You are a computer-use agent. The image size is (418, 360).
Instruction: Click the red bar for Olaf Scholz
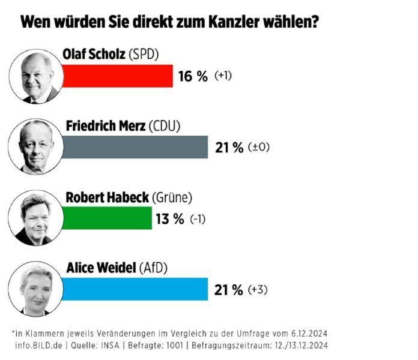pos(117,76)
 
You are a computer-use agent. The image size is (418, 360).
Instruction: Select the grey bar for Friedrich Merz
pos(135,147)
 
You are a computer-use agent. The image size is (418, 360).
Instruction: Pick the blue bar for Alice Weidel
pos(135,289)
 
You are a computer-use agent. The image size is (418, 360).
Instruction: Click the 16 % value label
pos(193,76)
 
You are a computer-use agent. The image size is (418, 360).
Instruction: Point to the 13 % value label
pos(170,218)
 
